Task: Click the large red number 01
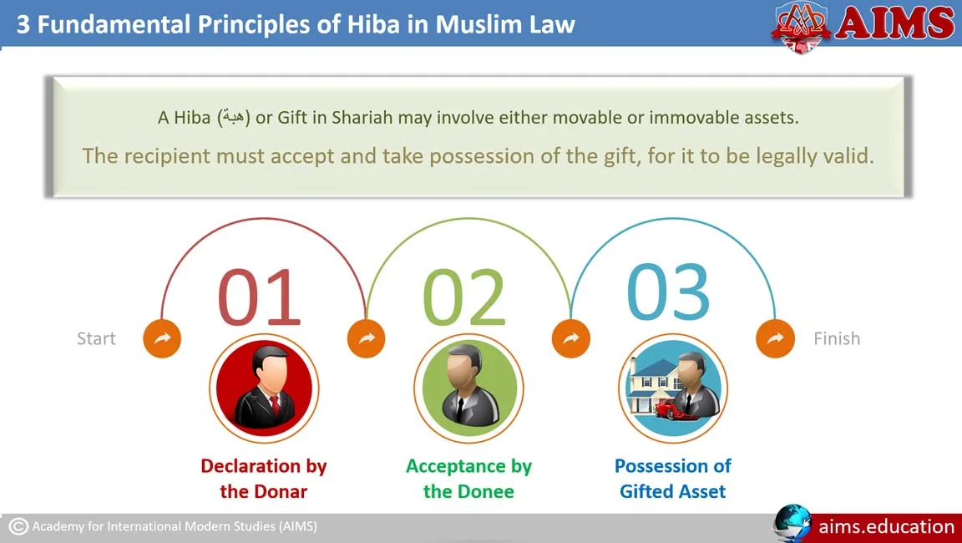(x=260, y=297)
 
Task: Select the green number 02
(x=463, y=297)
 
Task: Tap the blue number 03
(x=668, y=292)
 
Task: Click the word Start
(x=96, y=338)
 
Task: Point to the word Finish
(x=837, y=338)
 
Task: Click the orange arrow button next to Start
(x=162, y=338)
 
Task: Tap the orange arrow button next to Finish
(x=776, y=338)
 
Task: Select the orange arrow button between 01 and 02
(x=367, y=338)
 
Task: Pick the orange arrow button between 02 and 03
(x=571, y=338)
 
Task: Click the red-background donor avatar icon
(x=264, y=388)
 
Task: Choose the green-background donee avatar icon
(x=468, y=388)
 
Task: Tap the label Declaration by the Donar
(x=264, y=479)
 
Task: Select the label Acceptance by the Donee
(x=468, y=479)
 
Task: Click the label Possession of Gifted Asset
(x=673, y=479)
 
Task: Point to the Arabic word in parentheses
(x=234, y=116)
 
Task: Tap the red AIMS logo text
(x=894, y=23)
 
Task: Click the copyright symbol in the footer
(x=18, y=526)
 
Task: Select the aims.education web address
(x=887, y=526)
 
